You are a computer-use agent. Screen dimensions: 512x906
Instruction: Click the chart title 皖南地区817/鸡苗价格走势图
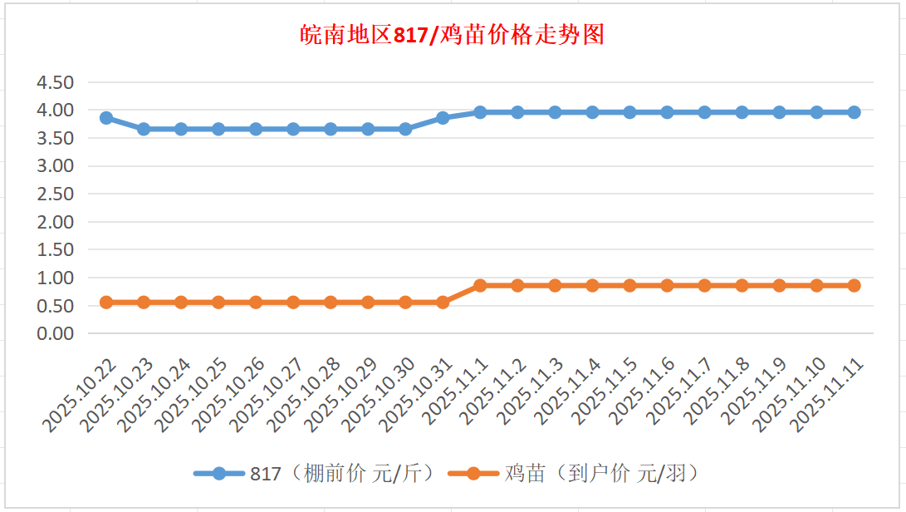click(x=453, y=36)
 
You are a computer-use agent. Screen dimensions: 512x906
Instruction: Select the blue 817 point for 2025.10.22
click(x=106, y=118)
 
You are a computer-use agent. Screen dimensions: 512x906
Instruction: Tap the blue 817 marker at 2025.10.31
click(x=443, y=118)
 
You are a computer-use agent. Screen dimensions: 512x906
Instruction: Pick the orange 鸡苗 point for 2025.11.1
click(x=480, y=285)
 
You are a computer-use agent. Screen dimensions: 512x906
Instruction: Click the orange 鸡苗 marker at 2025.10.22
click(x=106, y=303)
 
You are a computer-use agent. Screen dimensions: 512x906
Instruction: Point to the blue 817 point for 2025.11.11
click(x=854, y=112)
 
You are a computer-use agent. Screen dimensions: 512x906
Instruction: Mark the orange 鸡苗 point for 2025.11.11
click(x=854, y=285)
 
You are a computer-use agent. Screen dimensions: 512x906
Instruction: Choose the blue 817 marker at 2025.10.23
click(x=144, y=129)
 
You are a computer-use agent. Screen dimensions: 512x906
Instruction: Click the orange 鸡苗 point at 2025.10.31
click(x=443, y=303)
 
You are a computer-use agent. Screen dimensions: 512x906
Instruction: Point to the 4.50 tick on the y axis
click(x=57, y=82)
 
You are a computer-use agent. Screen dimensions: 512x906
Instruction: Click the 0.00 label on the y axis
click(x=57, y=333)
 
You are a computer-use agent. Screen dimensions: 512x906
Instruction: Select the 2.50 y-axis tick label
click(x=57, y=194)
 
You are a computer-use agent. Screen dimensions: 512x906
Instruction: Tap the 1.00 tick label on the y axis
click(x=57, y=278)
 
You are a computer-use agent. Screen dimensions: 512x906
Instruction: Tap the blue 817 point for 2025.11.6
click(x=667, y=112)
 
